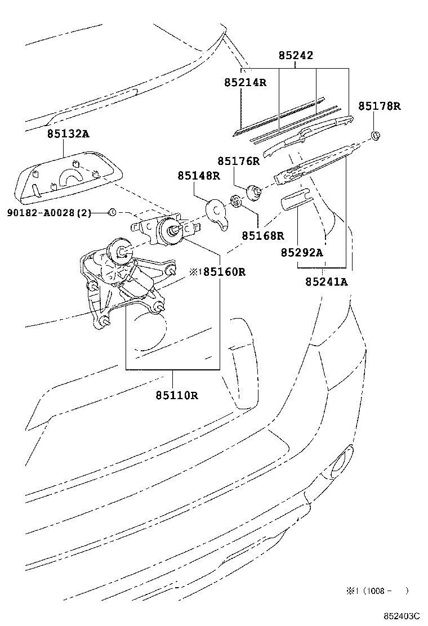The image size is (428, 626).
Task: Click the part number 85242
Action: pyautogui.click(x=296, y=56)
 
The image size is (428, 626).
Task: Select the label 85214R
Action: pyautogui.click(x=245, y=82)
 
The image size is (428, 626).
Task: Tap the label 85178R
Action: pyautogui.click(x=380, y=106)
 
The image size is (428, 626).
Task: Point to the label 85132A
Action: pyautogui.click(x=68, y=133)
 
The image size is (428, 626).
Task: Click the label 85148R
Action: pyautogui.click(x=199, y=176)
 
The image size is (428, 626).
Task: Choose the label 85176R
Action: pyautogui.click(x=239, y=161)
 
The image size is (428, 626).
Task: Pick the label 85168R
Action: pyautogui.click(x=263, y=236)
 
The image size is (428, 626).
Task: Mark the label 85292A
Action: pyautogui.click(x=302, y=253)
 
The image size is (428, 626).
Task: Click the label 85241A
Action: pyautogui.click(x=327, y=281)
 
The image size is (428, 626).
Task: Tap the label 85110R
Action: pyautogui.click(x=177, y=395)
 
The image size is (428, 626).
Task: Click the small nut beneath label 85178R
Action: pyautogui.click(x=376, y=135)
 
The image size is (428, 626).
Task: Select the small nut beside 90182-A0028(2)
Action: pyautogui.click(x=112, y=212)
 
